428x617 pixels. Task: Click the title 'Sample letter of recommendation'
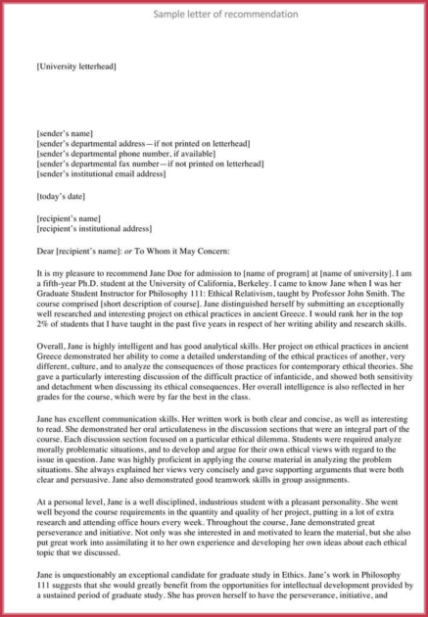(214, 15)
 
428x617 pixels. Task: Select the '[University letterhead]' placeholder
(76, 66)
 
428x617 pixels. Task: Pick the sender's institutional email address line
(107, 174)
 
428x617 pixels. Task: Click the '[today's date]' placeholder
(62, 196)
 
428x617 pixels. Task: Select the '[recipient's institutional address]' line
(94, 228)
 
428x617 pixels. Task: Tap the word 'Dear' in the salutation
(45, 251)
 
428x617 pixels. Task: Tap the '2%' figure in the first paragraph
(44, 328)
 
